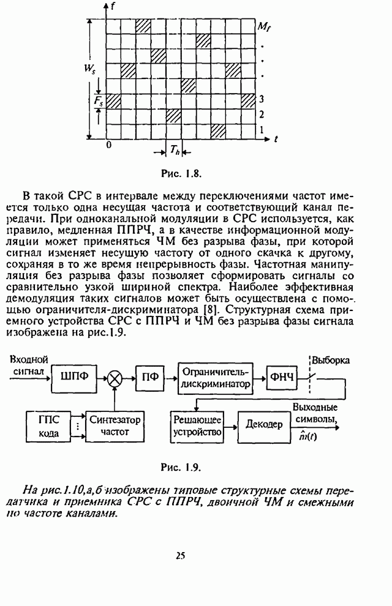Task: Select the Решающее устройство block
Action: pyautogui.click(x=197, y=425)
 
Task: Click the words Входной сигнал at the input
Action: pyautogui.click(x=29, y=365)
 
